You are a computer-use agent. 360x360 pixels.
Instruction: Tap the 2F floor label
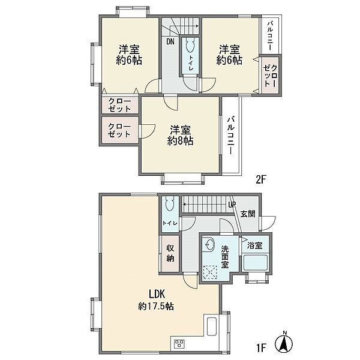pos(260,179)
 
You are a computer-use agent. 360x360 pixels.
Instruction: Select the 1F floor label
pos(261,347)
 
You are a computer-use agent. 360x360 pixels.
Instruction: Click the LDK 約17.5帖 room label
pos(156,300)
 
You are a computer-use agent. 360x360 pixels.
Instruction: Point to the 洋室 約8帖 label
pos(180,136)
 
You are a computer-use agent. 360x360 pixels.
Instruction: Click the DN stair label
pos(170,41)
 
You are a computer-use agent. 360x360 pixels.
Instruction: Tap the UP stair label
pos(232,205)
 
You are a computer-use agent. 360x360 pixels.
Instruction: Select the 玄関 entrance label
pos(248,214)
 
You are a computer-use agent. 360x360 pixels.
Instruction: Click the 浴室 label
pos(254,245)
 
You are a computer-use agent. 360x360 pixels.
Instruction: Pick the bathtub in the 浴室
pos(256,262)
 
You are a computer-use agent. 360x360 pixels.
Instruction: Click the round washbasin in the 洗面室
pos(208,244)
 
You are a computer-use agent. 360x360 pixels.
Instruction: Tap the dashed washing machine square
pos(210,272)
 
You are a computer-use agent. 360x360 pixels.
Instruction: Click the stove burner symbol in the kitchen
pos(179,344)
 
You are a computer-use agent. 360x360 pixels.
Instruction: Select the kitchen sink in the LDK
pos(212,326)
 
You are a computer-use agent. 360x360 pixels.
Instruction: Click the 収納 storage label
pos(170,253)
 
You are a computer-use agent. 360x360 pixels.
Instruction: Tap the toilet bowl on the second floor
pos(190,46)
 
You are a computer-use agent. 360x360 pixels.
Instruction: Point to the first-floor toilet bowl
pos(170,203)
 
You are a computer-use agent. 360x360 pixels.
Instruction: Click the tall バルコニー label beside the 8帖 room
pos(231,136)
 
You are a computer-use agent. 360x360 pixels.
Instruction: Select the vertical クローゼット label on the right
pos(271,76)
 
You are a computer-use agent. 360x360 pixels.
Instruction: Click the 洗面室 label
pos(225,257)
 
